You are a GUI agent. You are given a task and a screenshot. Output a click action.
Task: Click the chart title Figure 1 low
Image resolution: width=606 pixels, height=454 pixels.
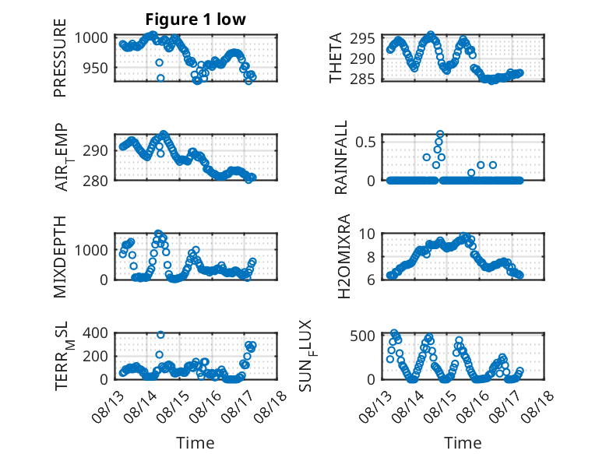click(x=196, y=19)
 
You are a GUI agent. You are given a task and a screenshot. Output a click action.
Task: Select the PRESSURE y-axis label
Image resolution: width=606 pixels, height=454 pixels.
click(x=60, y=58)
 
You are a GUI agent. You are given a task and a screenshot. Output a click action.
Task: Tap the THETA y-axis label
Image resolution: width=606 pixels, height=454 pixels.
click(x=336, y=58)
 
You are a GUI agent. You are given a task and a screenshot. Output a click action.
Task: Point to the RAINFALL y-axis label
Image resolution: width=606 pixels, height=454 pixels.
click(x=341, y=157)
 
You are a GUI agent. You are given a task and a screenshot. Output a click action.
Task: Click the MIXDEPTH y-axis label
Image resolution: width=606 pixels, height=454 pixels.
click(x=60, y=256)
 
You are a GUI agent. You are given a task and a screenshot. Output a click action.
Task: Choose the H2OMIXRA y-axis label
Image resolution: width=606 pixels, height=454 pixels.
click(x=344, y=256)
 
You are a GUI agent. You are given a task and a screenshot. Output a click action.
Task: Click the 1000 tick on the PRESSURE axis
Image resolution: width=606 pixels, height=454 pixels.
click(x=91, y=38)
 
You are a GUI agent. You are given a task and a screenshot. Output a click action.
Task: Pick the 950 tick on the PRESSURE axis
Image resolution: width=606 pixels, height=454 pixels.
click(x=95, y=68)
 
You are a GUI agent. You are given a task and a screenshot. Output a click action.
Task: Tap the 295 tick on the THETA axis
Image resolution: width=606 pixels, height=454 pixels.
click(x=362, y=39)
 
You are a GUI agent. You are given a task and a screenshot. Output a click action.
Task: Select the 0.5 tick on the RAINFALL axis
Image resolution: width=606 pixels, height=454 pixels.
click(x=365, y=142)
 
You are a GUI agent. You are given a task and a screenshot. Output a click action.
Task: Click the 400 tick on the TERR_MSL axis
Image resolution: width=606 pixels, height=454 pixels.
click(x=95, y=333)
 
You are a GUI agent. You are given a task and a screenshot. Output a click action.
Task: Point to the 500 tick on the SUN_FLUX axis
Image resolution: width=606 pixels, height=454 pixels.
click(x=362, y=336)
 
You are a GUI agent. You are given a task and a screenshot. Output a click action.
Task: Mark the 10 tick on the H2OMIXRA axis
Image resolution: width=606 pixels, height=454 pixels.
click(x=367, y=234)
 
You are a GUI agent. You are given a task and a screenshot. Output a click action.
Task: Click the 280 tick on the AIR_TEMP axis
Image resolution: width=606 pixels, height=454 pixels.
click(x=95, y=181)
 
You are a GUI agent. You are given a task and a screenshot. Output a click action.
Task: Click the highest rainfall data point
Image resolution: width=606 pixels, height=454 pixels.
click(x=440, y=134)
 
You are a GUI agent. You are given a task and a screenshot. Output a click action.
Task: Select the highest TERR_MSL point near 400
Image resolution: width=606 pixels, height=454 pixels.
click(x=160, y=335)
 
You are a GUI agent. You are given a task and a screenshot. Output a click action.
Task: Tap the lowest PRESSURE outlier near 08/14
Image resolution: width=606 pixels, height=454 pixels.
click(x=160, y=78)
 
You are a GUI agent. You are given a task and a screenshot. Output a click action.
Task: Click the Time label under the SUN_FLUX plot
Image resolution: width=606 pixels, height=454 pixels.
click(x=463, y=442)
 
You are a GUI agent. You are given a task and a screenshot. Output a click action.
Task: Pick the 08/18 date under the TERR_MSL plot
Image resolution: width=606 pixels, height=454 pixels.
click(x=271, y=406)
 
